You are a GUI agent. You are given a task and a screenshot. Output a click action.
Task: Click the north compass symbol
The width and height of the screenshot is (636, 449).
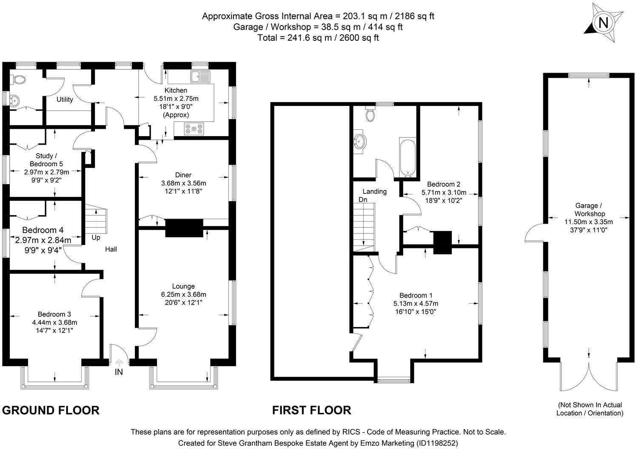pyautogui.click(x=602, y=23)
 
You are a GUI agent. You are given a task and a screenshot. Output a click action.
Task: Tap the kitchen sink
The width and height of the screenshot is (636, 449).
pyautogui.click(x=200, y=77)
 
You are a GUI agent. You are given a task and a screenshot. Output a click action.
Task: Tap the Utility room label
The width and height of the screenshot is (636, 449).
pyautogui.click(x=65, y=99)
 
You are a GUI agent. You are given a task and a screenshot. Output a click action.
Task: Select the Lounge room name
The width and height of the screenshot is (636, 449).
pyautogui.click(x=183, y=286)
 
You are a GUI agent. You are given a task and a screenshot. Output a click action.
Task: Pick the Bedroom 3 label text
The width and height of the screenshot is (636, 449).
pyautogui.click(x=54, y=314)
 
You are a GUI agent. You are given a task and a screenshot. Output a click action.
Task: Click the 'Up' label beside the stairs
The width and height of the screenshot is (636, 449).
pyautogui.click(x=96, y=237)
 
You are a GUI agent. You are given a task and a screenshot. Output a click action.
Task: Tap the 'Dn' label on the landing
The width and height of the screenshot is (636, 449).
pyautogui.click(x=363, y=199)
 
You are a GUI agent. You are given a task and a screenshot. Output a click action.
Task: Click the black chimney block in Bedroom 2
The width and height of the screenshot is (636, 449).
pyautogui.click(x=442, y=242)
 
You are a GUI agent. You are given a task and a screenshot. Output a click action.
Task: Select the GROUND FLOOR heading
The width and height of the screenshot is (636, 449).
pyautogui.click(x=51, y=410)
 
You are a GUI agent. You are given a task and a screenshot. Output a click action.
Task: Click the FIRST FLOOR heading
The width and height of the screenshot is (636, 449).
pyautogui.click(x=311, y=410)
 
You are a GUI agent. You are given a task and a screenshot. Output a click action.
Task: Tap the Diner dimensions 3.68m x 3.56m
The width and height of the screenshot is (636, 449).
pyautogui.click(x=183, y=183)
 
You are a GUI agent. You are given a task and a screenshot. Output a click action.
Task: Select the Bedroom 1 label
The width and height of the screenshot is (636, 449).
pyautogui.click(x=416, y=296)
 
